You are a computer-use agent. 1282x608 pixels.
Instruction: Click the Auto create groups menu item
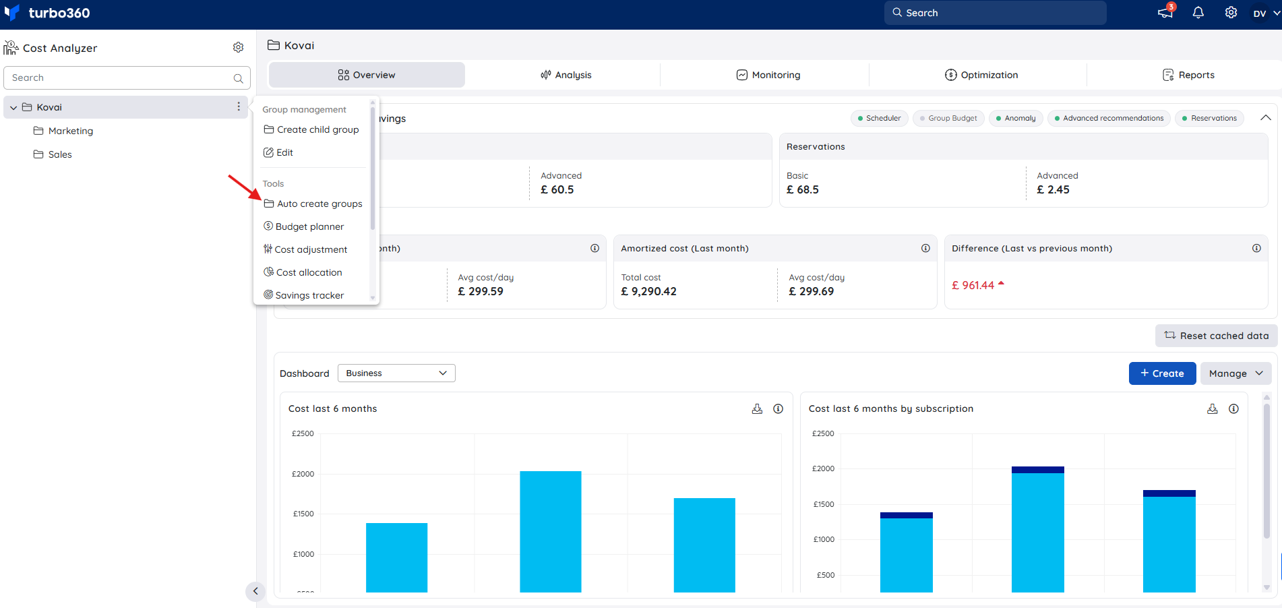313,204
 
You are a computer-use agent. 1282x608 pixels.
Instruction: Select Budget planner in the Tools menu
303,226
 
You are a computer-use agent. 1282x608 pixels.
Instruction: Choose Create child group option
311,129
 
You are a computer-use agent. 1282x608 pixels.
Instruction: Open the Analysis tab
566,75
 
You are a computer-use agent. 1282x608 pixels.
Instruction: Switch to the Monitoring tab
768,75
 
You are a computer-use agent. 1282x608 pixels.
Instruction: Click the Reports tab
1188,75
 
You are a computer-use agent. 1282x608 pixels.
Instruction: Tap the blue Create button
1162,373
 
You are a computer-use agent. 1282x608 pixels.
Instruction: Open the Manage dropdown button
1235,373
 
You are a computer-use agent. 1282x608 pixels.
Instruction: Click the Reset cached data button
1216,336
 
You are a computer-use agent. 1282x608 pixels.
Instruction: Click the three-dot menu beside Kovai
239,107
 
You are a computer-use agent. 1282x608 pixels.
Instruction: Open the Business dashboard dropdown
396,373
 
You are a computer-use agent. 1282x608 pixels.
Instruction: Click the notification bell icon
1198,13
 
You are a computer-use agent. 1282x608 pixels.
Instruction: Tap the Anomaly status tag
1016,118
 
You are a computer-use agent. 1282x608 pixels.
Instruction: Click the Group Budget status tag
948,118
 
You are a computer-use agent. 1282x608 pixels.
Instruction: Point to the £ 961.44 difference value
973,285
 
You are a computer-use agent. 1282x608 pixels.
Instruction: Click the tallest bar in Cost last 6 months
551,532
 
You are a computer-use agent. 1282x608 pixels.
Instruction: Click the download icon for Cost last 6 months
757,408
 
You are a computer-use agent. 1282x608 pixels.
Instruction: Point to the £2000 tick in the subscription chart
823,468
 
